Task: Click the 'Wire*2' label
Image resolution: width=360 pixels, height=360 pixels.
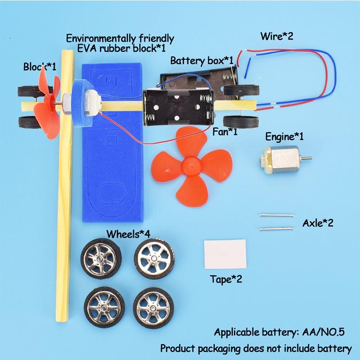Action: click(276, 36)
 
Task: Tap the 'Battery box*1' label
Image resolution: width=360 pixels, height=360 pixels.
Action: click(202, 60)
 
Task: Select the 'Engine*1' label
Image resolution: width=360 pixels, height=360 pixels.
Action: click(284, 136)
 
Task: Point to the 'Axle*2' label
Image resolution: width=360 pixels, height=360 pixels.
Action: click(318, 223)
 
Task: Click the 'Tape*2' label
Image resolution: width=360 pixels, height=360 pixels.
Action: click(226, 279)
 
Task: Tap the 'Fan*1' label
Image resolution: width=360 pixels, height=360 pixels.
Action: click(225, 132)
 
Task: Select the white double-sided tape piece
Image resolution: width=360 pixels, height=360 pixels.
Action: click(225, 254)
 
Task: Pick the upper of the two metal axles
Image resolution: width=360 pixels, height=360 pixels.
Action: click(276, 216)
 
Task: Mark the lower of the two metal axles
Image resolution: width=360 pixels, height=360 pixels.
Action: click(276, 229)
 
